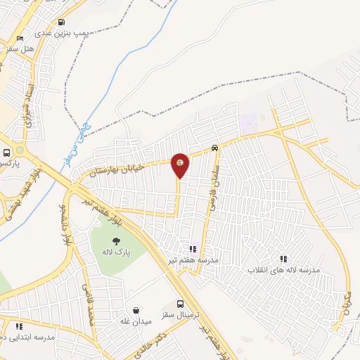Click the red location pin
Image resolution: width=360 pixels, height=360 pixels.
coord(180,165)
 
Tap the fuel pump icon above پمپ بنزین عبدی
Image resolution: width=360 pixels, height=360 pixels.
coord(62,22)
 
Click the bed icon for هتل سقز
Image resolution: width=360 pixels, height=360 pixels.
coord(20,38)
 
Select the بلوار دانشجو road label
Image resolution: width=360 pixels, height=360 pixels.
coord(66,224)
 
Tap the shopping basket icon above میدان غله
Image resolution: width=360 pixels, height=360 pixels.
coord(136,310)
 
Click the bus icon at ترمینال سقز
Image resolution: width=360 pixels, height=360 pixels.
coord(181,304)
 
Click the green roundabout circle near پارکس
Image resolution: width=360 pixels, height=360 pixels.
coord(20,150)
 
